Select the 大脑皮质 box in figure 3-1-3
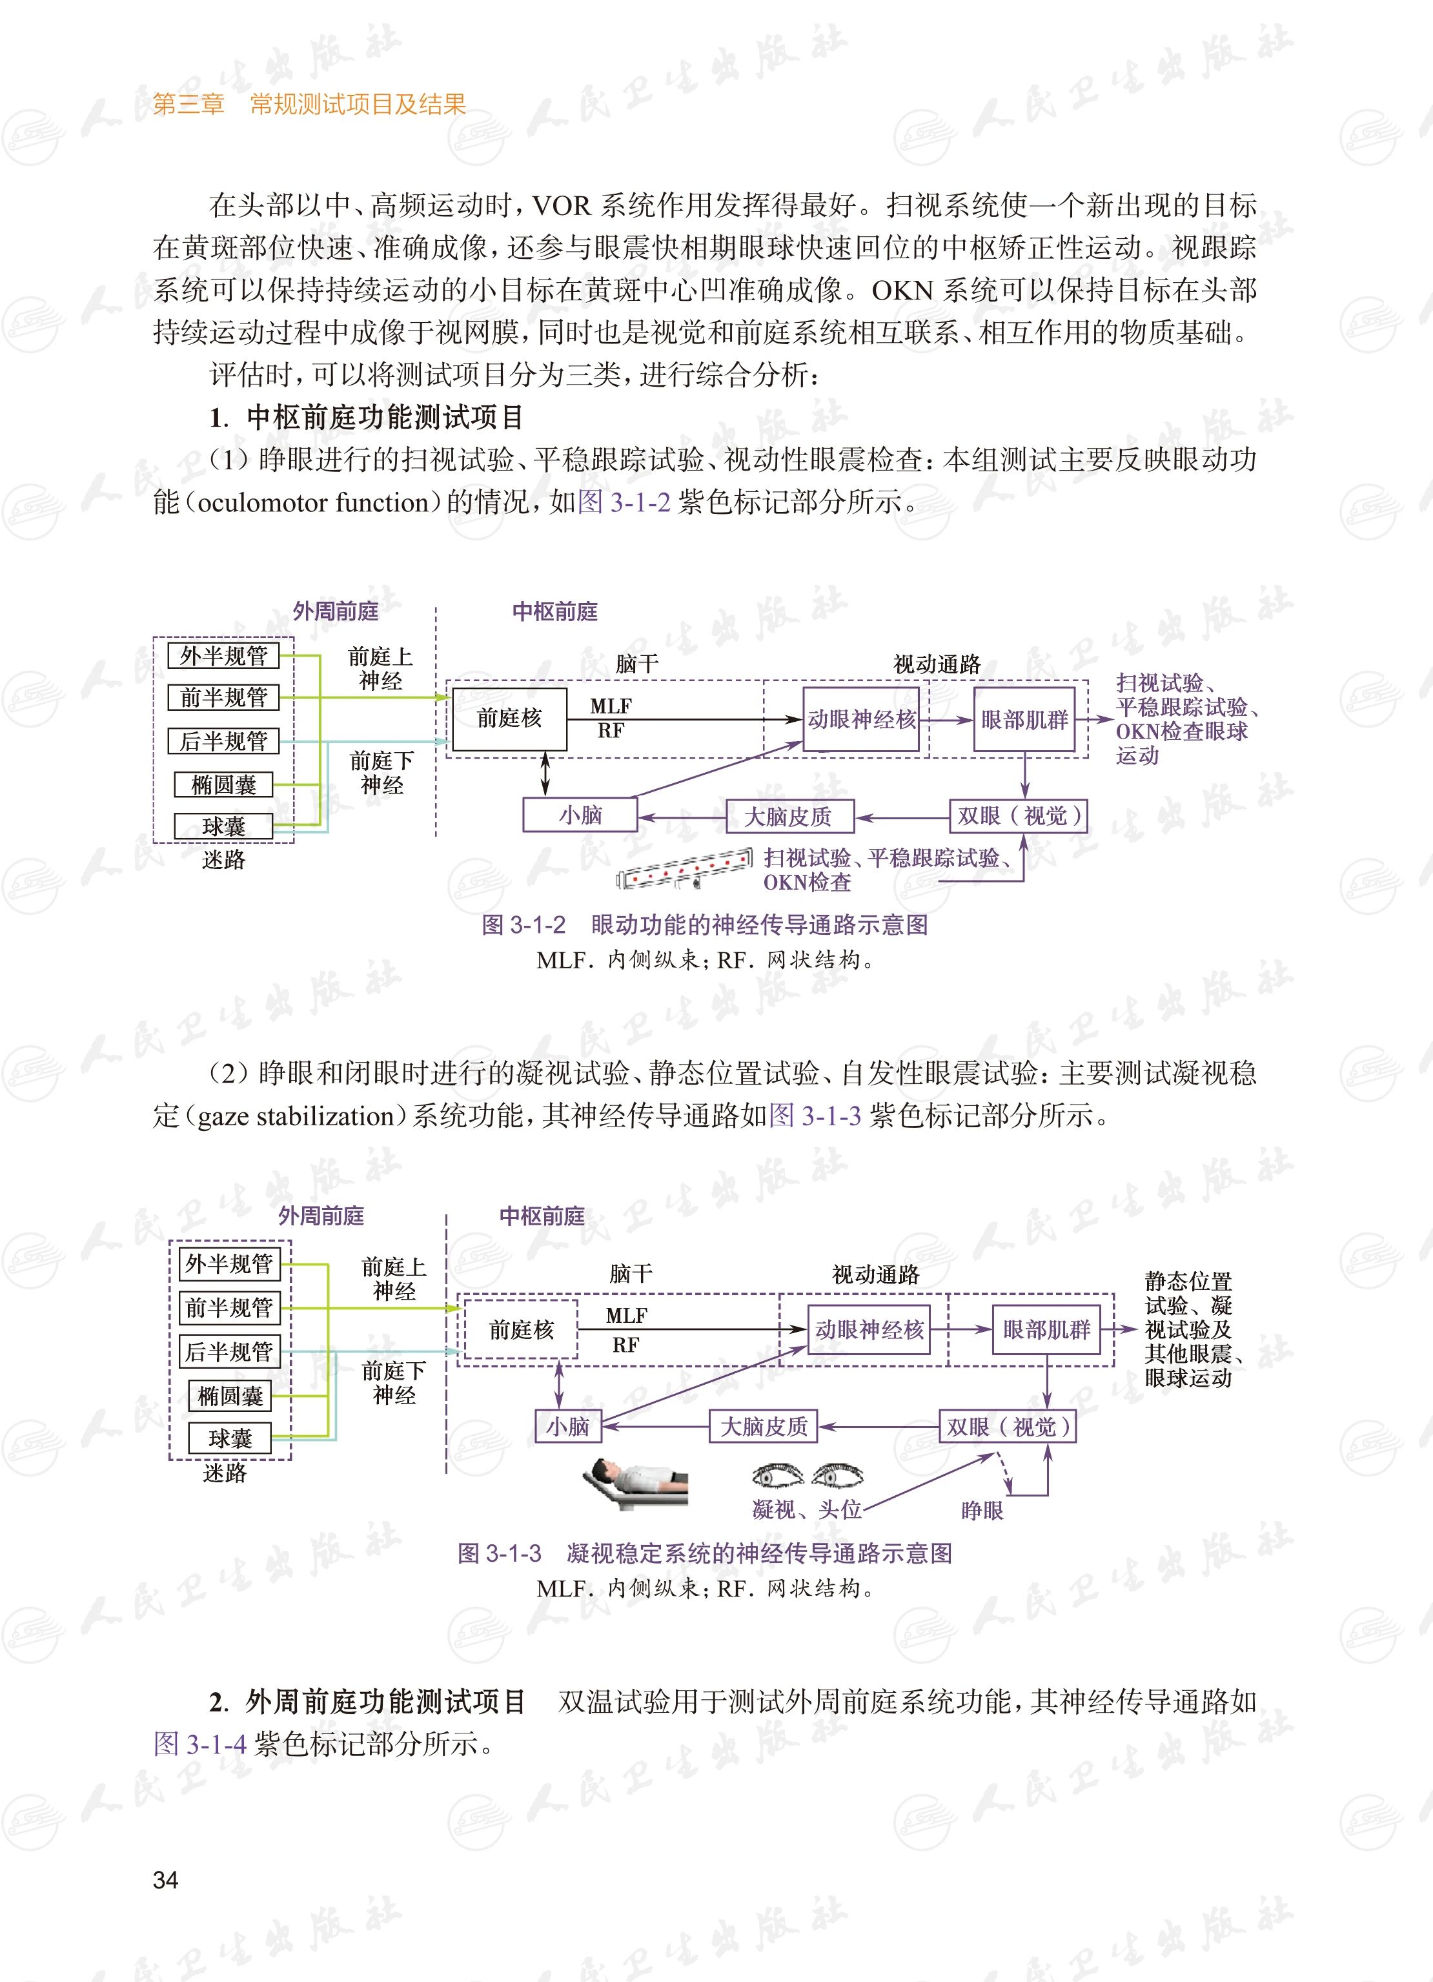(x=764, y=1426)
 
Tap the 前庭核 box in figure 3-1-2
(x=509, y=719)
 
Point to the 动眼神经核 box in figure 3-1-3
(x=869, y=1329)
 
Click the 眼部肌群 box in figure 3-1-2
(x=1024, y=720)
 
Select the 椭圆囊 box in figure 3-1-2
(x=224, y=784)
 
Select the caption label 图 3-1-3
(x=499, y=1553)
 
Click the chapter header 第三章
(x=188, y=105)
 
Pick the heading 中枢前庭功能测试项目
(x=385, y=417)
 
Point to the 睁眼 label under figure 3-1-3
(x=982, y=1510)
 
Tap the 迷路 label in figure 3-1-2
(x=224, y=860)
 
